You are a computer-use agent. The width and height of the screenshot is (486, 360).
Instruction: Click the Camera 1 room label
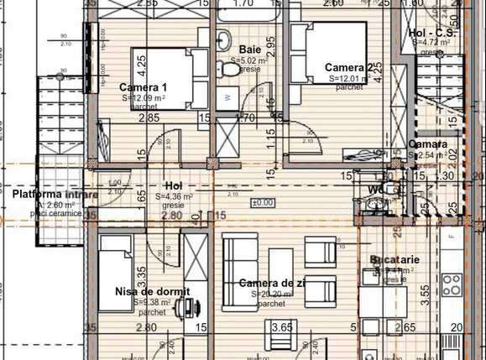click(x=143, y=87)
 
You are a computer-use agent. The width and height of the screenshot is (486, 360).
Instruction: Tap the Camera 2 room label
click(x=348, y=67)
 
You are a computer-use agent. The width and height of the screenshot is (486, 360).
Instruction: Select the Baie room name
click(x=248, y=50)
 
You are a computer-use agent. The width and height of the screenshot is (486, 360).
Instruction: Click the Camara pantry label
click(x=427, y=144)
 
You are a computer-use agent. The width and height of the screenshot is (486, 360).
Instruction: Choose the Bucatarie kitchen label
click(x=395, y=260)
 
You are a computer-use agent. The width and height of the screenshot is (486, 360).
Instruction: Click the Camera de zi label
click(x=271, y=284)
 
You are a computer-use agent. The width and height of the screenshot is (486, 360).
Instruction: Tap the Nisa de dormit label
click(x=152, y=291)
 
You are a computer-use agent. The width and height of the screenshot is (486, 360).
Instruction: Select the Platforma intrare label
click(x=55, y=194)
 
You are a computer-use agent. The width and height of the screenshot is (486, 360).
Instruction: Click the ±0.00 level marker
click(x=263, y=202)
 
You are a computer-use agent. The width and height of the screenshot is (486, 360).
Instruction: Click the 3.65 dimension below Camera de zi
click(x=282, y=327)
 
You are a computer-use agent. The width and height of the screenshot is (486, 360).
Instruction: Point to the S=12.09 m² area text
click(x=143, y=98)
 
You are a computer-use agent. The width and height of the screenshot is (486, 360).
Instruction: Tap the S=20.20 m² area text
click(x=271, y=295)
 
